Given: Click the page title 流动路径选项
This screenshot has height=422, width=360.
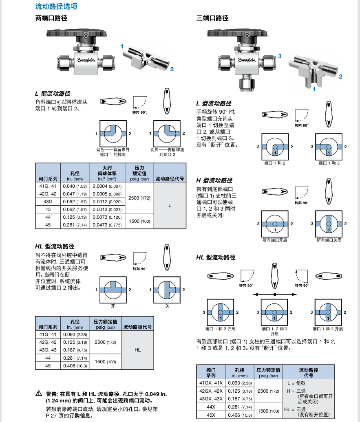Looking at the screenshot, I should click(x=56, y=7).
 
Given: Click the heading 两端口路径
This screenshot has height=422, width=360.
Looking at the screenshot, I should click(x=51, y=18).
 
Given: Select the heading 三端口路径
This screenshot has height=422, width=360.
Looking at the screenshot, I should click(x=212, y=18).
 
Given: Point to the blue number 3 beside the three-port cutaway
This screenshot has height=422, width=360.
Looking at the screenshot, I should click(x=280, y=56).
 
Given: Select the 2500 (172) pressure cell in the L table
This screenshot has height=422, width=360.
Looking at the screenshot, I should click(x=140, y=198).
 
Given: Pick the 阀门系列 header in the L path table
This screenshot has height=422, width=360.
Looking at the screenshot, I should click(x=48, y=179).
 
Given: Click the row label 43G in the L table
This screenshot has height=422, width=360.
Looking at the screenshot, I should click(x=48, y=202).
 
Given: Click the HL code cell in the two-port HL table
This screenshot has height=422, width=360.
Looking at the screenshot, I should click(x=137, y=350).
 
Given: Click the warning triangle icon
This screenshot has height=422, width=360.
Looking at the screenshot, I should click(x=39, y=393).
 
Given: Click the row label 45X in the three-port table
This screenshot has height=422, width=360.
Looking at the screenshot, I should click(x=211, y=415).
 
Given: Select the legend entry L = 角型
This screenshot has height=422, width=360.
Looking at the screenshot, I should click(x=296, y=383).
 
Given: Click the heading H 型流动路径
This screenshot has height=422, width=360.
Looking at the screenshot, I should click(x=214, y=180).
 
